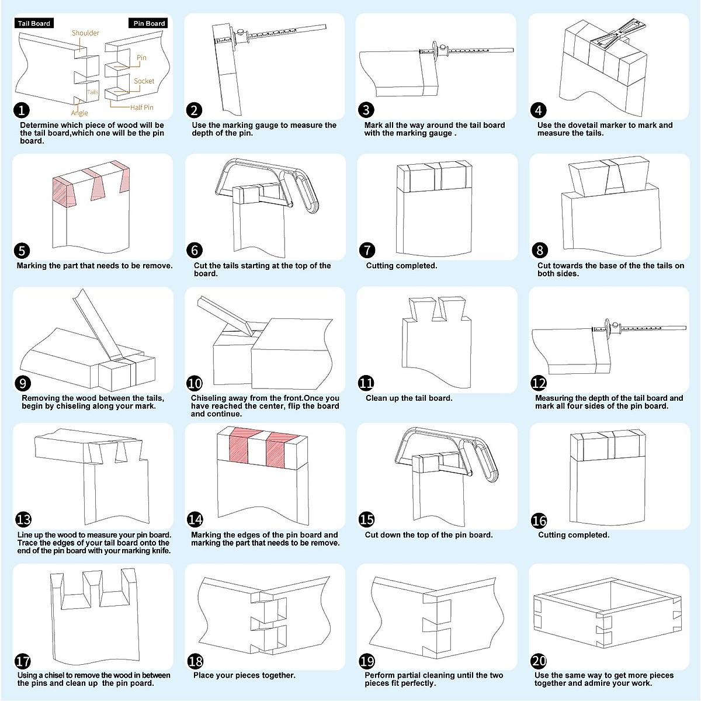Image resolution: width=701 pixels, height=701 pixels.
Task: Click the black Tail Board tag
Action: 34,23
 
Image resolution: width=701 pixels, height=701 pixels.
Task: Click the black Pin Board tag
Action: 149,23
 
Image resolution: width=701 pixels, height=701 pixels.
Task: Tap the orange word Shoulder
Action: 85,33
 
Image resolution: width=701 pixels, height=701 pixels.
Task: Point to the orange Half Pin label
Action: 141,107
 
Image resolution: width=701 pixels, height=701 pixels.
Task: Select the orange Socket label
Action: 144,81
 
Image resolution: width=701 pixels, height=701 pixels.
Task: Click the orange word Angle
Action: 79,113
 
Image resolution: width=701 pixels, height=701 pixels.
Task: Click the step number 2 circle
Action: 194,110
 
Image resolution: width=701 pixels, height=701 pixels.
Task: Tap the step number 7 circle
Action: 367,250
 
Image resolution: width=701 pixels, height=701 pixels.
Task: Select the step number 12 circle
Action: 539,383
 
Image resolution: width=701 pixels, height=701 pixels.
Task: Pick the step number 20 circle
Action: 539,661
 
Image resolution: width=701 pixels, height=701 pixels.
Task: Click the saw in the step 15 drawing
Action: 447,456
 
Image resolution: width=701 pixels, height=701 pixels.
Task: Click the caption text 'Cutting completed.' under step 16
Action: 573,535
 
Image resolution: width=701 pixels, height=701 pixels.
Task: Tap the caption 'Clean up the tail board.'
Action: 409,398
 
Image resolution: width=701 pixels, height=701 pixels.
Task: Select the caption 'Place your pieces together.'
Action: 244,675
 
